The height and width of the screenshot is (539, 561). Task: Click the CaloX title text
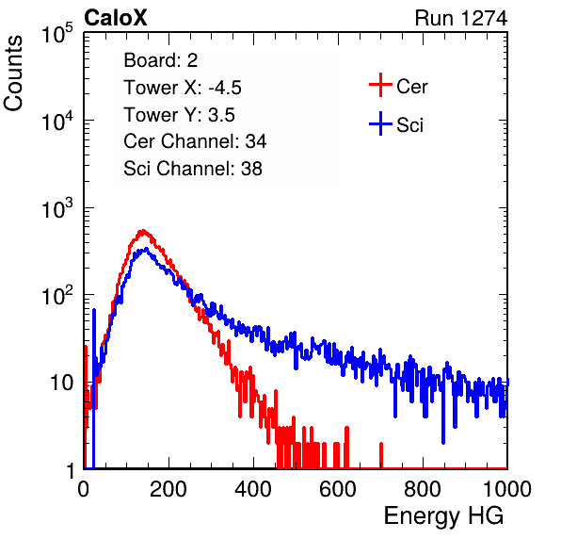tap(115, 18)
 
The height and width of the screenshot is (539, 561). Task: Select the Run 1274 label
tap(461, 18)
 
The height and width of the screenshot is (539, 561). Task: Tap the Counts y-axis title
tap(13, 73)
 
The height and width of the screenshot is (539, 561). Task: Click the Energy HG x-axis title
tap(443, 516)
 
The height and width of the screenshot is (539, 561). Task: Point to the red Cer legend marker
tap(380, 85)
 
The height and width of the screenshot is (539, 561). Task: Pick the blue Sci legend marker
tap(380, 123)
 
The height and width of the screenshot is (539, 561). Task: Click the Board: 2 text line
tap(161, 60)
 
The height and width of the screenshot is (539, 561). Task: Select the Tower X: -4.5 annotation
tap(183, 88)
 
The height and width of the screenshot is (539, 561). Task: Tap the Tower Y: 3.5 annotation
tap(179, 115)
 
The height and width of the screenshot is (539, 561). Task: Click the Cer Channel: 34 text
tap(195, 141)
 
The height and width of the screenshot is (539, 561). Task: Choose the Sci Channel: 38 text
tap(193, 169)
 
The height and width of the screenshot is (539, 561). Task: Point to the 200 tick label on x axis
tap(168, 489)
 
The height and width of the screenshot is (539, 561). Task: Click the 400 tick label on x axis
tap(253, 489)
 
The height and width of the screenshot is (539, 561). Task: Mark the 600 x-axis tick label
tap(338, 489)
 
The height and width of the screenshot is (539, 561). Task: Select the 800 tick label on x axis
tap(423, 489)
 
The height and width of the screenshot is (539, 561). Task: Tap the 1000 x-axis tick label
tap(507, 489)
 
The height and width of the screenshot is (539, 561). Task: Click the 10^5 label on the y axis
tap(57, 34)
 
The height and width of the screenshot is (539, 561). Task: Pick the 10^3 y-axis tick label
tap(57, 208)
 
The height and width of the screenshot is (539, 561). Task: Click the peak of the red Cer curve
tap(143, 231)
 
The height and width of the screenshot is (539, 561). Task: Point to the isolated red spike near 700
tap(381, 455)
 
